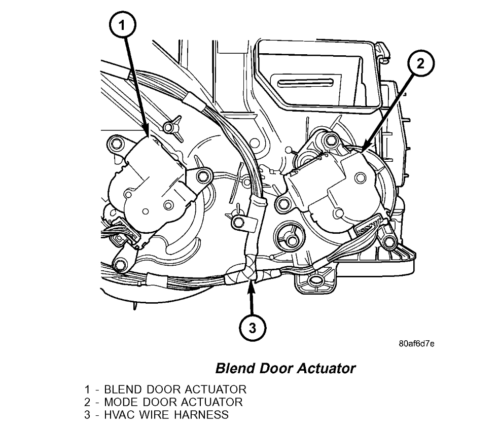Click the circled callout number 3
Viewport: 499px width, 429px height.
pyautogui.click(x=251, y=328)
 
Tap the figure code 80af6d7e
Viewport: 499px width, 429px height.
pyautogui.click(x=416, y=343)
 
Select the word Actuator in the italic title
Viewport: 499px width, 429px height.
pyautogui.click(x=328, y=368)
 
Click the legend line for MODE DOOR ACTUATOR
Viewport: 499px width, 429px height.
pyautogui.click(x=163, y=402)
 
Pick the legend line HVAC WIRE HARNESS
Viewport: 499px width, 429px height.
pyautogui.click(x=157, y=415)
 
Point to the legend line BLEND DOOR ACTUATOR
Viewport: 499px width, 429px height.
pyautogui.click(x=165, y=390)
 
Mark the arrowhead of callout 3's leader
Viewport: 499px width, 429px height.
pyautogui.click(x=249, y=280)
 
